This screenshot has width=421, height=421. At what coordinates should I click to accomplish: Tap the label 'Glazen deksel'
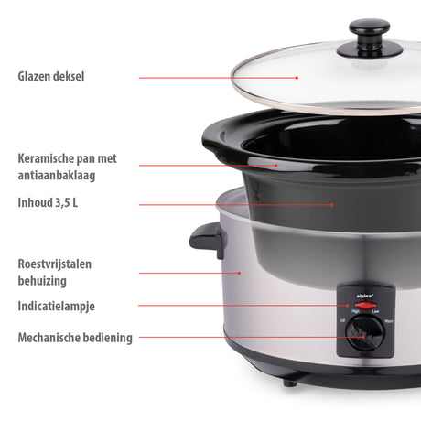(50, 77)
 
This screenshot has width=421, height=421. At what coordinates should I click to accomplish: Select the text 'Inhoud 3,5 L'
(48, 202)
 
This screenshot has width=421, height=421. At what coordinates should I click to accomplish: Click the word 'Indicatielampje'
(56, 306)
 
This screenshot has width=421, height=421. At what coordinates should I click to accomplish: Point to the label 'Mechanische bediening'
(75, 338)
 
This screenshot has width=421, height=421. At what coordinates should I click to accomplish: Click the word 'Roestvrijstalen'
(55, 264)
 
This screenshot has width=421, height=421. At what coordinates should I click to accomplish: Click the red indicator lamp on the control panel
(361, 305)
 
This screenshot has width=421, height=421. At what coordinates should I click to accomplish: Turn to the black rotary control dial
(362, 338)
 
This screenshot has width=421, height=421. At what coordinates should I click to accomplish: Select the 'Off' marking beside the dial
(342, 321)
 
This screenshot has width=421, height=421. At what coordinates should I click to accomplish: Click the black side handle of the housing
(207, 240)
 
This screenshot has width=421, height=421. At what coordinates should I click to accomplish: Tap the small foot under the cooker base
(290, 382)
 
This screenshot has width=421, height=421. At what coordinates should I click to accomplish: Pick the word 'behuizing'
(42, 281)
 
